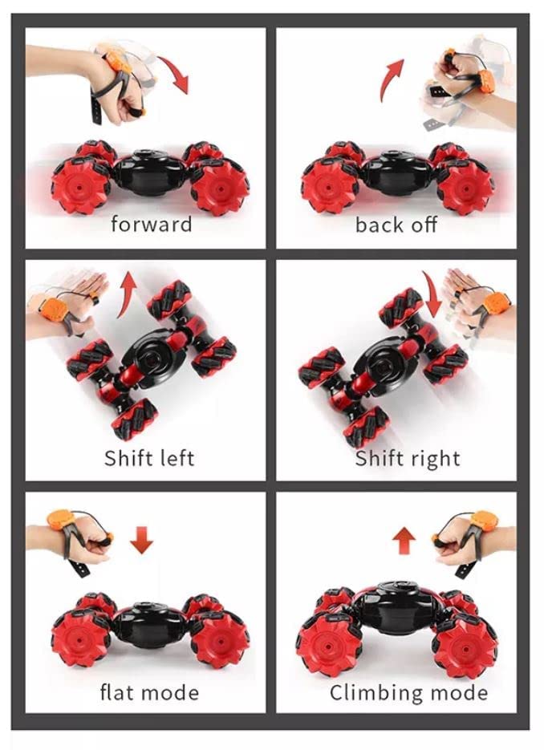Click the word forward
coord(151,224)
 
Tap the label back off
coord(396,225)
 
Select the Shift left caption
coord(149,458)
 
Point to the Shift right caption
coord(408,458)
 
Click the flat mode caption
coord(149,692)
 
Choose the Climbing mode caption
coord(408,692)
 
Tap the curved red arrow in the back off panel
coord(390,79)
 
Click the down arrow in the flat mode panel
coord(142,540)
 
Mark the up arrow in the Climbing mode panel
coord(404,541)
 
